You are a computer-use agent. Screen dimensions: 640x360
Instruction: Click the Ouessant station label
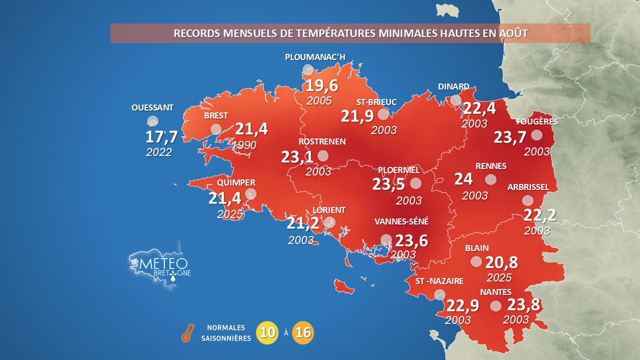coord(152,107)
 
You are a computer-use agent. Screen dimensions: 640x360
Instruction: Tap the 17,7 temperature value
coord(161,137)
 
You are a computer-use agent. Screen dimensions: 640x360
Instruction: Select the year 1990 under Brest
coord(244,145)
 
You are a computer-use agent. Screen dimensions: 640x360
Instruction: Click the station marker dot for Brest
coord(216,129)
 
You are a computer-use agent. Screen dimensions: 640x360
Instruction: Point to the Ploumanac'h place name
coord(315,57)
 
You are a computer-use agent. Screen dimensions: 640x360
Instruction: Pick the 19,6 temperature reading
coord(321,85)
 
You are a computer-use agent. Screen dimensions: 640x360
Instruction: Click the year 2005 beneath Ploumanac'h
coord(319,100)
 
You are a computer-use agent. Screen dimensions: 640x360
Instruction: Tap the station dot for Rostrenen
coord(323,156)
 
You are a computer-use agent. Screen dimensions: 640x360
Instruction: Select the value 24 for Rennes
coord(463,179)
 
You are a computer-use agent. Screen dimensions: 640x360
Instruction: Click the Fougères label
coord(537,121)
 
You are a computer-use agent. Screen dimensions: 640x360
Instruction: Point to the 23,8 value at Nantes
coord(523,304)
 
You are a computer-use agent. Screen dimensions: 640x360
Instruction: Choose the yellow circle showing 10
coord(267,332)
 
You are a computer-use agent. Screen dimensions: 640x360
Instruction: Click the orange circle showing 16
coord(303,332)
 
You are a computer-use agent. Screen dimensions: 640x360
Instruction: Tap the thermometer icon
coord(187,333)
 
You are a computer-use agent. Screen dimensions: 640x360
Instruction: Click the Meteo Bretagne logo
coord(159,266)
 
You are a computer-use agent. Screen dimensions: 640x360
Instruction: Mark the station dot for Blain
coord(476,261)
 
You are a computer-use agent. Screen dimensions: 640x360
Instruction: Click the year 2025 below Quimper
coord(230,214)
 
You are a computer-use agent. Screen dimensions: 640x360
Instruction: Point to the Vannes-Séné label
coord(401,221)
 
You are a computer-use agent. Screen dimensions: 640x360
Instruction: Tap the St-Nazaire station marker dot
coord(439,295)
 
